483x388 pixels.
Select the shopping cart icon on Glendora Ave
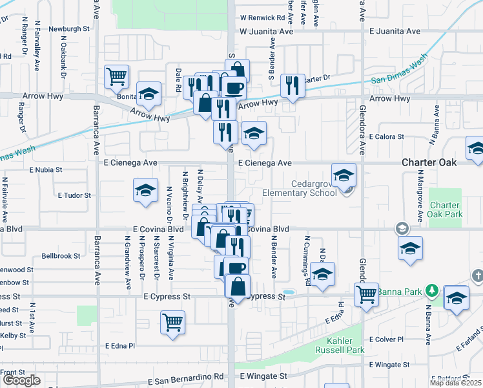366,294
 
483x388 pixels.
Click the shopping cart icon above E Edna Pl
172,321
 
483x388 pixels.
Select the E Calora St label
386,137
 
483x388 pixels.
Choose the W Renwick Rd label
262,18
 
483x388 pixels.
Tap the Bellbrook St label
60,256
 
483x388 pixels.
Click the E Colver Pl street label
386,339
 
